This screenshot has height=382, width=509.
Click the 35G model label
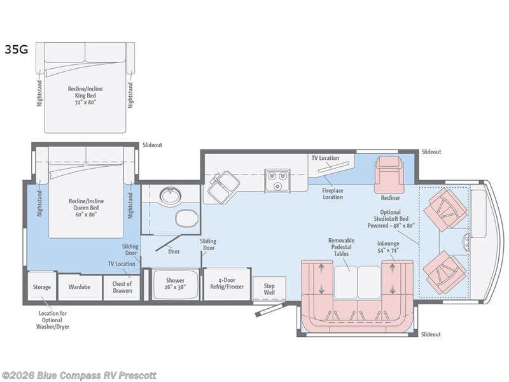click(x=17, y=50)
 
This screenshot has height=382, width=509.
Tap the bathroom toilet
click(x=186, y=218)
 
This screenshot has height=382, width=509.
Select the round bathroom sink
click(x=169, y=195)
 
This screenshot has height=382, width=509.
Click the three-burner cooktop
click(x=277, y=180)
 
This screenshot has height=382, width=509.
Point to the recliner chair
click(x=391, y=174)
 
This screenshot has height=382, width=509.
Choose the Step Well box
click(x=269, y=289)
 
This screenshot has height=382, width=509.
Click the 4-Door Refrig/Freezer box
click(x=227, y=284)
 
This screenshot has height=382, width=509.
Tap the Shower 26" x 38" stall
click(x=176, y=284)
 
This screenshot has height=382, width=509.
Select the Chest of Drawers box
click(x=122, y=288)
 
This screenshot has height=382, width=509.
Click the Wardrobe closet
click(x=80, y=287)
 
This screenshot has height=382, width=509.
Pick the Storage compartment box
click(x=42, y=286)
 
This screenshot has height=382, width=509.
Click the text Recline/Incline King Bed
click(x=85, y=92)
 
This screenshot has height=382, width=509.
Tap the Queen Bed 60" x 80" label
click(x=86, y=211)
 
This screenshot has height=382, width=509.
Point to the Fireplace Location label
click(x=333, y=194)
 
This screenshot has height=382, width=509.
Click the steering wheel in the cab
click(x=466, y=242)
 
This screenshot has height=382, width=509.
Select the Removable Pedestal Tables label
click(x=342, y=247)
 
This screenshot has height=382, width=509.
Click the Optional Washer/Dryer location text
click(x=53, y=320)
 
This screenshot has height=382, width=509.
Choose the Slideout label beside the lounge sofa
click(x=431, y=334)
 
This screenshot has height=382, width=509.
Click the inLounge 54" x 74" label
click(x=388, y=247)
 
